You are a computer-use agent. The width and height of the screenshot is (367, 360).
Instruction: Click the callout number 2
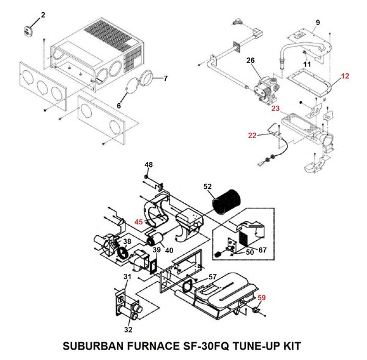(43, 13)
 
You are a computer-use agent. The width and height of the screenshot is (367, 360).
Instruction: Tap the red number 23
(275, 108)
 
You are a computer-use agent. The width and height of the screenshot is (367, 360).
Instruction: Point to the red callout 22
(252, 135)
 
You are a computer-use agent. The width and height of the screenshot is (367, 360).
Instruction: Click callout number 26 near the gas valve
(250, 60)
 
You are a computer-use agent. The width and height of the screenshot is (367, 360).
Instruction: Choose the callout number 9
(317, 23)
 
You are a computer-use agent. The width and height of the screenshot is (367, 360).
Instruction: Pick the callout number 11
(307, 64)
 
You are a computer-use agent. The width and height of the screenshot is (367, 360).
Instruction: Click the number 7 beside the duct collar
(165, 78)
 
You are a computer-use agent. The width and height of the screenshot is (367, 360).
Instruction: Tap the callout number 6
(119, 106)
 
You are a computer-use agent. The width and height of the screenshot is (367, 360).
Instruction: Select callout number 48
(149, 164)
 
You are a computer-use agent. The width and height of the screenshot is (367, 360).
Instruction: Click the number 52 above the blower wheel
(207, 186)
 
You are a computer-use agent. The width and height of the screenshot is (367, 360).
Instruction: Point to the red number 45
(139, 222)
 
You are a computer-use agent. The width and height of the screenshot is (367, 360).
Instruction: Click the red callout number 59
(262, 298)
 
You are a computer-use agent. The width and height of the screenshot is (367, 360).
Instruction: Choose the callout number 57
(212, 277)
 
